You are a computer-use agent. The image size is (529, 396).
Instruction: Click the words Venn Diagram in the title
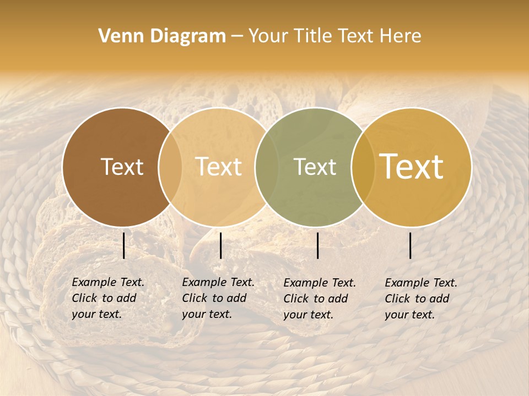[162, 36]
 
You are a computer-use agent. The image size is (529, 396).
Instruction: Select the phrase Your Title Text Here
[334, 36]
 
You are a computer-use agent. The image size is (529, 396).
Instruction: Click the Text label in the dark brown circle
[122, 167]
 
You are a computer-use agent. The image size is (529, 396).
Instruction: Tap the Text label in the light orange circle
[219, 167]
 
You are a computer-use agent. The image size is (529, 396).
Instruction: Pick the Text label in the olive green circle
[315, 167]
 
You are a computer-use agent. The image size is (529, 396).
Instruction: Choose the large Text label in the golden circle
[412, 166]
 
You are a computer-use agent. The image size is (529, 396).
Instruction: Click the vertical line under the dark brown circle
[124, 245]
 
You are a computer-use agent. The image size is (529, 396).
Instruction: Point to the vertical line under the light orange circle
[220, 245]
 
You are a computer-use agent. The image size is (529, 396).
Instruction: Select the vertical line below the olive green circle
[318, 245]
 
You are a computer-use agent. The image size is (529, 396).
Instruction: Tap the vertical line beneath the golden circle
[411, 245]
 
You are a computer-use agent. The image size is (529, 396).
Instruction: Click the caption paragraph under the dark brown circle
[108, 298]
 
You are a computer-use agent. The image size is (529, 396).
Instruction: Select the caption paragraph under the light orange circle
[218, 298]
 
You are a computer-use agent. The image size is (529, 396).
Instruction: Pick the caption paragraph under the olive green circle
[320, 299]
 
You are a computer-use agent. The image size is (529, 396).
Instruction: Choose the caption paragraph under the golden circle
[421, 299]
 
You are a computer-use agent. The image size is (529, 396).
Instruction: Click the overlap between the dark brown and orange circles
[170, 167]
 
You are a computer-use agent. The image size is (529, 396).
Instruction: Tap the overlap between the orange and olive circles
[266, 167]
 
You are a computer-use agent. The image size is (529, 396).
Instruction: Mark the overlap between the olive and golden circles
[363, 167]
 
